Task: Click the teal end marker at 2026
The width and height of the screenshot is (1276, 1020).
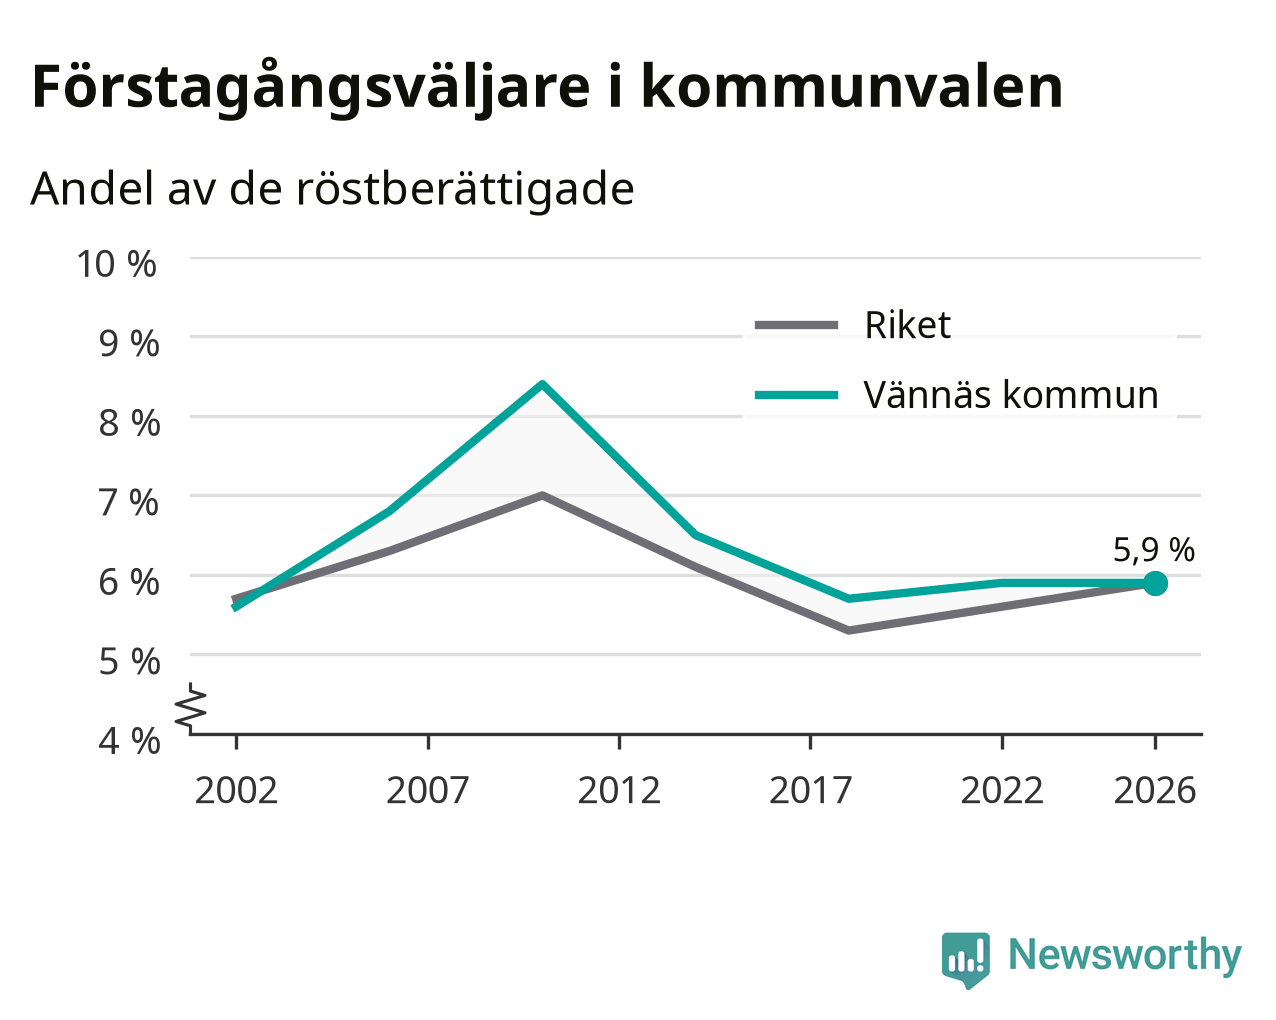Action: (x=1154, y=584)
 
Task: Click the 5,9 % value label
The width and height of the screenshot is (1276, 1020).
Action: (x=1153, y=550)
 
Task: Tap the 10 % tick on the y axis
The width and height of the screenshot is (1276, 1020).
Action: (x=117, y=264)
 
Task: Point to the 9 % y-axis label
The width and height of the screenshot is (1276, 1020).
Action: (x=129, y=343)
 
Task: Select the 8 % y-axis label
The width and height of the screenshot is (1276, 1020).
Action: (x=129, y=423)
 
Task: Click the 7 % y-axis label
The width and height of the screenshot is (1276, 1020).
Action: (x=129, y=503)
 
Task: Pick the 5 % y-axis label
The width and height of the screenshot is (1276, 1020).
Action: (x=129, y=662)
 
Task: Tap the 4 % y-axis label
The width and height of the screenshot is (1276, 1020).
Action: (x=129, y=741)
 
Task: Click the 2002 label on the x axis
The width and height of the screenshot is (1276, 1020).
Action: (x=236, y=790)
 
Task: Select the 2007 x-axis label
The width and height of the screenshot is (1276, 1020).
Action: (x=428, y=790)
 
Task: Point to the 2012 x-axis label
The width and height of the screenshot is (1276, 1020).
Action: (x=619, y=790)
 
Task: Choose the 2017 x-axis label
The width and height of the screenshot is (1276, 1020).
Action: (x=811, y=790)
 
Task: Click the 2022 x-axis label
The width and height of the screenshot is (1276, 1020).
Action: (x=1002, y=790)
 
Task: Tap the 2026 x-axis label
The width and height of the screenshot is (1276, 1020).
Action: (x=1155, y=790)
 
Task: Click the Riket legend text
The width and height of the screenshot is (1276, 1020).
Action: (x=908, y=325)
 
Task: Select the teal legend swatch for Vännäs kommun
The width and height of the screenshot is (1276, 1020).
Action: (x=796, y=395)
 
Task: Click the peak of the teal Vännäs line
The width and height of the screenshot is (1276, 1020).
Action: (x=543, y=385)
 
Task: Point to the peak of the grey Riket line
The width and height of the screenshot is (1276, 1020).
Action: (x=543, y=495)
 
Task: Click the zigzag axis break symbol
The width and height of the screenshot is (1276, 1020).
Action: (x=191, y=706)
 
